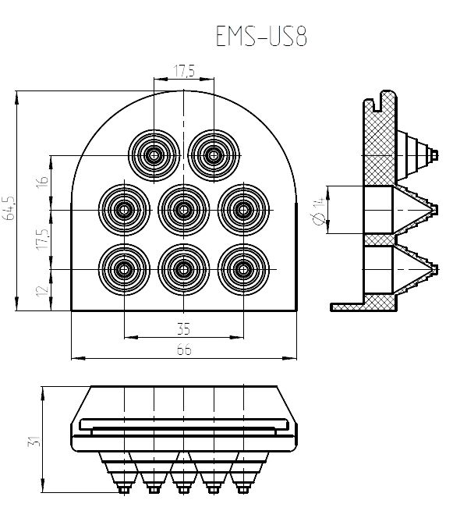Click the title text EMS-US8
pos(261,36)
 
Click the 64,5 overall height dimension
pos(10,208)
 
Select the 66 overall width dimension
pos(184,349)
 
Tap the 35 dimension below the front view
pos(184,328)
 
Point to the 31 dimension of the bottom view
pos(34,441)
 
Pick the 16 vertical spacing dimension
pos(43,182)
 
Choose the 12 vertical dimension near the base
pos(43,291)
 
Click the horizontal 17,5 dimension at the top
pos(184,71)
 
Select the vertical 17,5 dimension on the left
pos(43,239)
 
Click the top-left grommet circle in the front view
pos(154,155)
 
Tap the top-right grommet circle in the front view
pos(214,155)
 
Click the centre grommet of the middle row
pos(184,210)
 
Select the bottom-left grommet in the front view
pos(124,270)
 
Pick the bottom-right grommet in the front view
pos(243,270)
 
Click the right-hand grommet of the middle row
pos(243,210)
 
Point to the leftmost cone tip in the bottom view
pos(124,490)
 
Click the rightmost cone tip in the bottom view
pos(243,490)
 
